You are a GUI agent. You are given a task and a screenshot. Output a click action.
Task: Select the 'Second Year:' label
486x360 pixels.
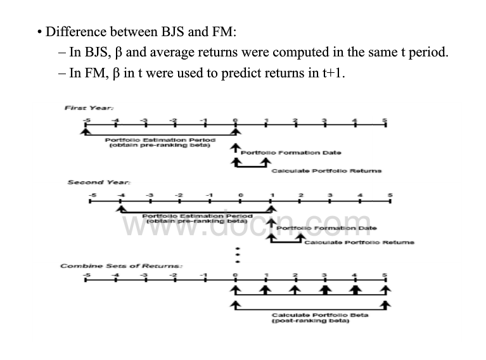pos(89,183)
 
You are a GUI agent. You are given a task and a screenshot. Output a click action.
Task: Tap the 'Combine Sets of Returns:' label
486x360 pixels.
pos(121,266)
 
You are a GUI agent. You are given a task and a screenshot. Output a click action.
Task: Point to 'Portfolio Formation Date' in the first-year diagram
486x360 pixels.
pos(291,153)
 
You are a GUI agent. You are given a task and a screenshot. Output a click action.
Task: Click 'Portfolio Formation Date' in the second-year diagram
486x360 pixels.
pos(326,228)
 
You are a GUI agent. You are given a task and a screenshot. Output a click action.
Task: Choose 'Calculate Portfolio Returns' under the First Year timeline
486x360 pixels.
pos(326,170)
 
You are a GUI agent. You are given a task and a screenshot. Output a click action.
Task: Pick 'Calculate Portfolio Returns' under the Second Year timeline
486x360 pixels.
pos(359,243)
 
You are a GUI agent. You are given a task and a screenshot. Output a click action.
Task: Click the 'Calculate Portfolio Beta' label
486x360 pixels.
pos(320,315)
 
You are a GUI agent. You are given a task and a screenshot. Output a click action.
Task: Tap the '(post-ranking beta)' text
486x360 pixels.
pos(310,321)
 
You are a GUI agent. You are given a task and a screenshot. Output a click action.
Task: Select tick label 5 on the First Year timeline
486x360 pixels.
pos(385,120)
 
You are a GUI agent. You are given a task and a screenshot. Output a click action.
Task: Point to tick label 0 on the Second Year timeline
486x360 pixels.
pos(241,194)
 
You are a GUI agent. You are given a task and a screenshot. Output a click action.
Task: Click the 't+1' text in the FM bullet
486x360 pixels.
pos(333,73)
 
